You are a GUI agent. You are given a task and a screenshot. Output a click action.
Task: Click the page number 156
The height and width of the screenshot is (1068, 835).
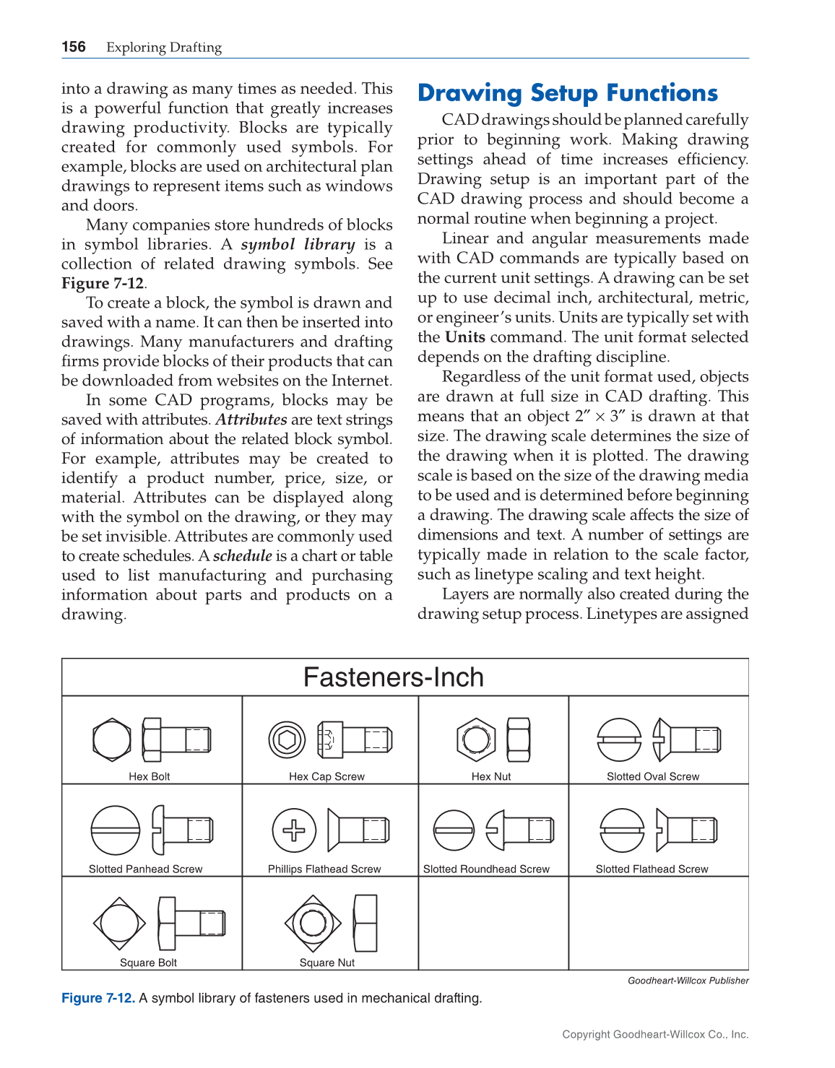point(74,47)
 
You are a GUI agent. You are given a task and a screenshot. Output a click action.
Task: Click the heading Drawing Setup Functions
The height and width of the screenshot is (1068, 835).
point(568,93)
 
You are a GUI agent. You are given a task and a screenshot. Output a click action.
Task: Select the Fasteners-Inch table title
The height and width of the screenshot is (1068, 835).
point(394,677)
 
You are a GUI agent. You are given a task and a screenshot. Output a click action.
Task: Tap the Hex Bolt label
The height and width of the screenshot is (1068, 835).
point(150,776)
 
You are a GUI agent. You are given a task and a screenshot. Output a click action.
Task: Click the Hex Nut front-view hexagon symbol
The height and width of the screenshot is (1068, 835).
point(476,739)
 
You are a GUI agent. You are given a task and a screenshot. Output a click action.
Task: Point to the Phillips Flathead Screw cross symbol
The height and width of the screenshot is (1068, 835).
point(294,830)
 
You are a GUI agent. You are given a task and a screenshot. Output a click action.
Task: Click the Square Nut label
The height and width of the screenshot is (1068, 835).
point(327,963)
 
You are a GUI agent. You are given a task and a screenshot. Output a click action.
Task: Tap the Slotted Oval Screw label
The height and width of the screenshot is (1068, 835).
point(653,776)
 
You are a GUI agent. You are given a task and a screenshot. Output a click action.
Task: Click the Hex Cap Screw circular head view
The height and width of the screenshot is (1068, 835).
point(287,739)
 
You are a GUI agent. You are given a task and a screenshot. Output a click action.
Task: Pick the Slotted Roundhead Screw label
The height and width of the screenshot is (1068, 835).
point(486,869)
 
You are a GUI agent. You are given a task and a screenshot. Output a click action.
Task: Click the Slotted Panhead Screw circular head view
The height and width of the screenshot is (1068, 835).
point(115,830)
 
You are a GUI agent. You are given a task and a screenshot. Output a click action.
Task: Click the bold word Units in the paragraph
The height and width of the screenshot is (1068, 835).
point(465,337)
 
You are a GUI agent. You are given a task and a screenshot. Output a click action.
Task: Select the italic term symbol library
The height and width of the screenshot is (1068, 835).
point(298,245)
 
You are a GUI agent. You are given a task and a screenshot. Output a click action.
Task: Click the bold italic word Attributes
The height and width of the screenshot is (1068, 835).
point(251,420)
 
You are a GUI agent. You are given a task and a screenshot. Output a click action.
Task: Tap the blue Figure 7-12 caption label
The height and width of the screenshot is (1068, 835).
point(98,998)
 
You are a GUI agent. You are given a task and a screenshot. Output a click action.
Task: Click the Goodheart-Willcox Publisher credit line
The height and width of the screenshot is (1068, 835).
point(688,981)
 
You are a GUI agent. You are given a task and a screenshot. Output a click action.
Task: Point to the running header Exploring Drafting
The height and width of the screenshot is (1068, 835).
point(164,48)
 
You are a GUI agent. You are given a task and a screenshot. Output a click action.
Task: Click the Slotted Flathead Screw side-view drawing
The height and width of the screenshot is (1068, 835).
point(687,830)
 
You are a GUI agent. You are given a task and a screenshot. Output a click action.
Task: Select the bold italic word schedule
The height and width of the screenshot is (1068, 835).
point(243,556)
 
